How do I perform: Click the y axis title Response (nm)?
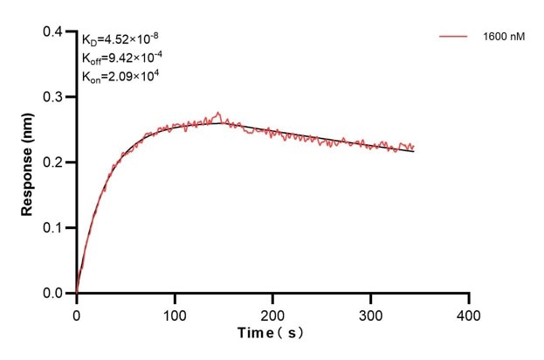pyautogui.click(x=29, y=163)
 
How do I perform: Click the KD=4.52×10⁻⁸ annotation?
pyautogui.click(x=121, y=38)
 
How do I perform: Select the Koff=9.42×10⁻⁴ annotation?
pyautogui.click(x=121, y=58)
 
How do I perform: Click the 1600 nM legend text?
pyautogui.click(x=503, y=38)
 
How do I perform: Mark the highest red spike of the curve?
pyautogui.click(x=218, y=113)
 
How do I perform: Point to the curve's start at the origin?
pyautogui.click(x=77, y=292)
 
